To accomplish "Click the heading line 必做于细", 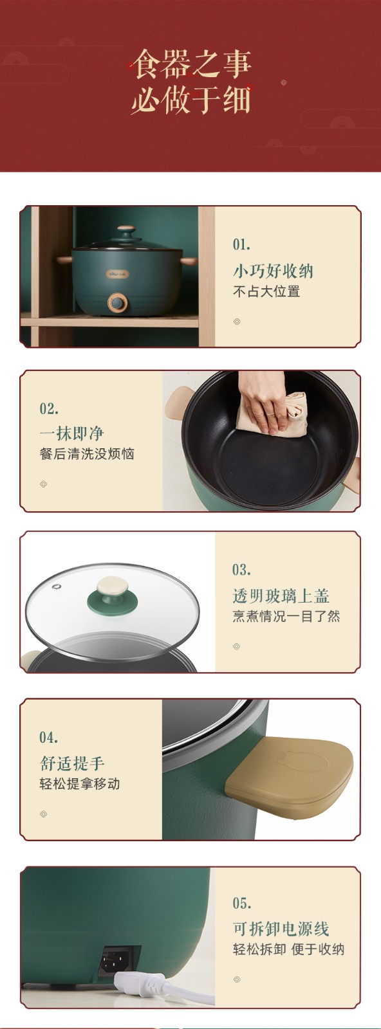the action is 191,100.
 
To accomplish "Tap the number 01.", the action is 241,244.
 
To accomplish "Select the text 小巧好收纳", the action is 273,271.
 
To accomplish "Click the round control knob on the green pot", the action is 117,303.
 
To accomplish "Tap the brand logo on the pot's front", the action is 118,274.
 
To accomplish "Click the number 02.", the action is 49,408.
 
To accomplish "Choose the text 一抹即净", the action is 71,433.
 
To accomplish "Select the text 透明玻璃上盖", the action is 281,596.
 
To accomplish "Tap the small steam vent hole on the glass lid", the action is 57,587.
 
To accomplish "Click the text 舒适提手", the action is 71,763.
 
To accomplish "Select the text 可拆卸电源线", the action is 281,929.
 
